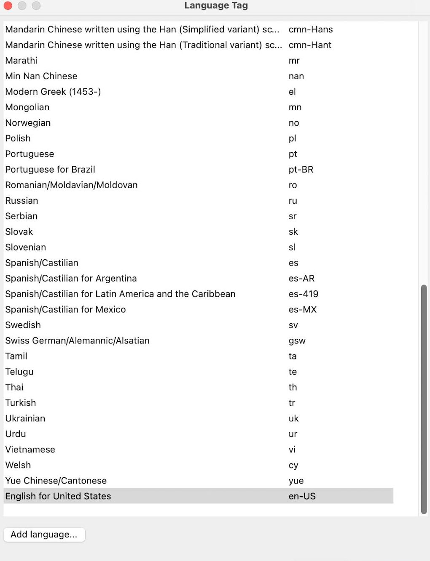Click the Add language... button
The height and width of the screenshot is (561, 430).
(x=44, y=534)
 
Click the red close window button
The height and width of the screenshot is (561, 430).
(x=8, y=5)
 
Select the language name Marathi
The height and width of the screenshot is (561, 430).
(x=21, y=61)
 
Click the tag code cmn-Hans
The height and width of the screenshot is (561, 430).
(x=311, y=29)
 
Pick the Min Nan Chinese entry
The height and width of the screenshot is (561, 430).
(x=41, y=76)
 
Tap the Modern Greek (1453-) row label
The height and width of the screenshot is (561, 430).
(x=53, y=92)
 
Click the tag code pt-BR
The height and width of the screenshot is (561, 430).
(x=301, y=170)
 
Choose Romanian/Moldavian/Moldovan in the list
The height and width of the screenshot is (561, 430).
(x=71, y=185)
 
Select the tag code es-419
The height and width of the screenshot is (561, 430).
(x=304, y=294)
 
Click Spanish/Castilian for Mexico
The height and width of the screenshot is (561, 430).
(x=65, y=310)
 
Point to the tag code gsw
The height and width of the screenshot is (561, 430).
(x=297, y=341)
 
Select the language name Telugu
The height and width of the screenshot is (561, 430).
(x=19, y=372)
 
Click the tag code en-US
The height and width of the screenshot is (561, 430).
(x=302, y=497)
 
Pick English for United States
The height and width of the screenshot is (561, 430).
(x=58, y=497)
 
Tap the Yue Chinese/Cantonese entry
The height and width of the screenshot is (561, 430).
(x=56, y=481)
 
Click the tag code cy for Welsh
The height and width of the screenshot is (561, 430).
(x=293, y=465)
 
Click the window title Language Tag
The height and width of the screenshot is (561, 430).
(x=216, y=5)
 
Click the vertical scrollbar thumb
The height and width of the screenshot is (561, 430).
(x=424, y=399)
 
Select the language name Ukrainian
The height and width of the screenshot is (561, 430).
(x=25, y=419)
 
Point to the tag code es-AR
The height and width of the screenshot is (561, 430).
(x=302, y=279)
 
